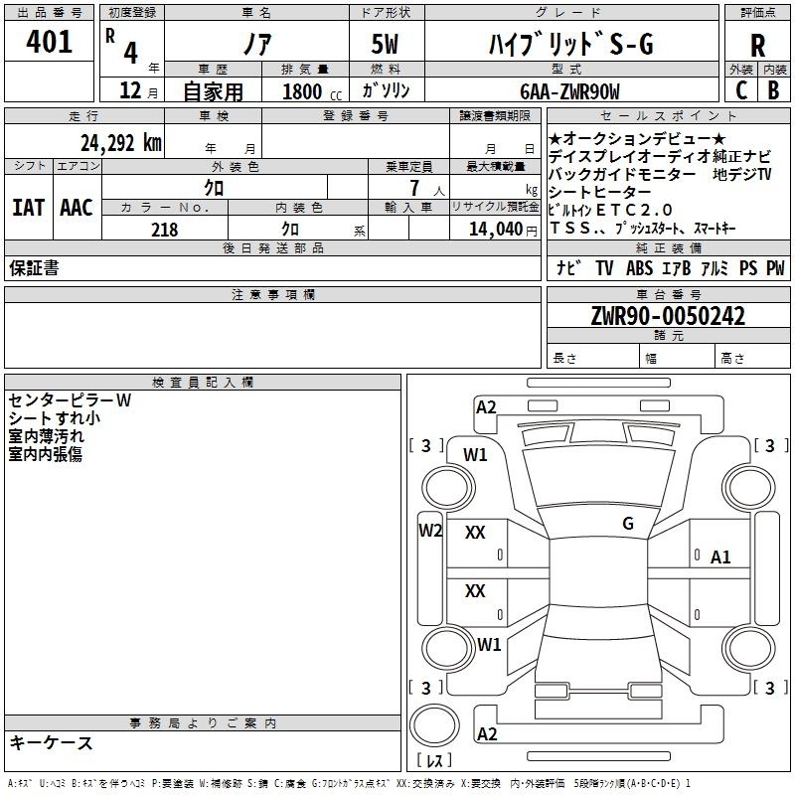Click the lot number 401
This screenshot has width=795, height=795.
(x=49, y=41)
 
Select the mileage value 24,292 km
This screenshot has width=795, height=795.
(x=120, y=143)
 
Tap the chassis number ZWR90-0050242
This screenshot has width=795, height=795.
(x=668, y=316)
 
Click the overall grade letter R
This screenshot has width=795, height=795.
(x=757, y=46)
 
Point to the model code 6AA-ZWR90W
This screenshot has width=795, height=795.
(x=569, y=91)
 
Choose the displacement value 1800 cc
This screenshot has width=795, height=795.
(x=312, y=91)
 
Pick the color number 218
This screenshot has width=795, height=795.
(x=164, y=230)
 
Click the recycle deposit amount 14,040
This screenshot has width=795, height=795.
(x=496, y=230)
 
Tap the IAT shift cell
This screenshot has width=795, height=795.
(x=28, y=208)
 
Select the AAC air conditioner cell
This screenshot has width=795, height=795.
(x=77, y=208)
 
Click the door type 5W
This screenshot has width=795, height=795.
(x=385, y=44)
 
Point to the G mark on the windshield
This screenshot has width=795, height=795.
(x=628, y=524)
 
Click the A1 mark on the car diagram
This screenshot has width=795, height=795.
(x=720, y=557)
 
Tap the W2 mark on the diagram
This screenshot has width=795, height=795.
(x=430, y=531)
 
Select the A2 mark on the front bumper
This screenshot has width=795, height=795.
(x=486, y=407)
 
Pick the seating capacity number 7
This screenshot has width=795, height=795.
(x=414, y=188)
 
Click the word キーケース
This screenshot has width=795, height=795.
(x=51, y=743)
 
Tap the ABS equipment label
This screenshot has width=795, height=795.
(x=639, y=267)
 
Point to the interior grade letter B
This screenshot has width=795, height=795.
(x=773, y=90)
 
